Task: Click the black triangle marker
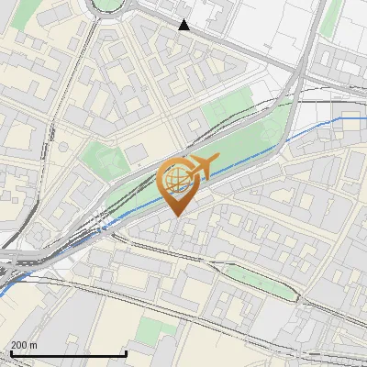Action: [x=184, y=25]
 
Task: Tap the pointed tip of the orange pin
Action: [x=177, y=215]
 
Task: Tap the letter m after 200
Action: [x=34, y=345]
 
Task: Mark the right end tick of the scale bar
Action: [x=126, y=351]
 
